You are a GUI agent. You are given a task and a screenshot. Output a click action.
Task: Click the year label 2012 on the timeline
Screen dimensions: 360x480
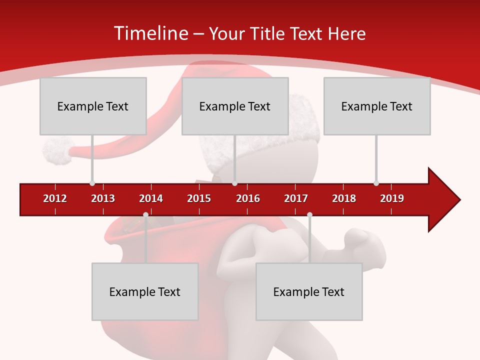coord(55,198)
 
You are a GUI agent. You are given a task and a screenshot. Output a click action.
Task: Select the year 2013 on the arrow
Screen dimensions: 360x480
coord(103,198)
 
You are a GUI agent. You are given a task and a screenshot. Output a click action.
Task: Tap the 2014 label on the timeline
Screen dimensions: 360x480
coord(151,198)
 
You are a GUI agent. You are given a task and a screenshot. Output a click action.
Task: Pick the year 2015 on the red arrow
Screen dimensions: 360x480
coord(199,198)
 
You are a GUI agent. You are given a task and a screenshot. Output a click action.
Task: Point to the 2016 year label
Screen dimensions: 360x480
coord(248,198)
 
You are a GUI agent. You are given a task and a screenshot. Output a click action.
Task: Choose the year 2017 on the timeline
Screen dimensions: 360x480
coord(296,198)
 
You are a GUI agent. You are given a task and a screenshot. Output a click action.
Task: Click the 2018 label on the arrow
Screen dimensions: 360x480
coord(344,198)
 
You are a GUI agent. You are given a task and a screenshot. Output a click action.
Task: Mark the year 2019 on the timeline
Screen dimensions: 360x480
coord(392,198)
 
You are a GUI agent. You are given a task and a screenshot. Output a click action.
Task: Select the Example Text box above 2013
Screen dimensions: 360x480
coord(93,106)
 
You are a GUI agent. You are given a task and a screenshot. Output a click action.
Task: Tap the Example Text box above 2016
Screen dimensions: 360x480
coord(235,106)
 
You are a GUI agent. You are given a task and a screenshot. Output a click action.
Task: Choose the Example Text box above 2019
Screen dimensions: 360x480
coord(377,106)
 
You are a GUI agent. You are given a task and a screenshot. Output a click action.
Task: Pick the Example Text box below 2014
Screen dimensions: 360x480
coord(145,291)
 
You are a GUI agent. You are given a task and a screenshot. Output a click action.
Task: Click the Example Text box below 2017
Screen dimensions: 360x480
coord(309,291)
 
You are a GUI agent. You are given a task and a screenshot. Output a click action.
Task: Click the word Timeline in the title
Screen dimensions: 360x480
coord(151,33)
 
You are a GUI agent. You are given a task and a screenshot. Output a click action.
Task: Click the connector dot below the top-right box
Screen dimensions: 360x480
coord(376,183)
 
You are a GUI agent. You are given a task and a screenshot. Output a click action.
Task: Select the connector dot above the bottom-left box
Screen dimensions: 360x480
coord(145,215)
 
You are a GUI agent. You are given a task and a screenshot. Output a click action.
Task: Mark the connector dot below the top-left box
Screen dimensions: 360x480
coord(92,183)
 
